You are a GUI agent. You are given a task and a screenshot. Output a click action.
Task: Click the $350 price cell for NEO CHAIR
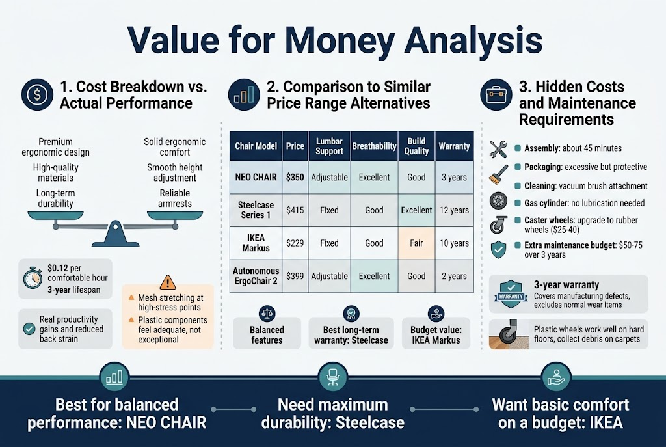(x=295, y=177)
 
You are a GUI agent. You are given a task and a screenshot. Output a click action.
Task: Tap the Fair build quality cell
(x=416, y=243)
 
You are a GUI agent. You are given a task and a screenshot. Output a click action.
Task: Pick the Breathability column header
(x=374, y=146)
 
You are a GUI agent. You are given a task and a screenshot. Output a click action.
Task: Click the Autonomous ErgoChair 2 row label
(x=256, y=276)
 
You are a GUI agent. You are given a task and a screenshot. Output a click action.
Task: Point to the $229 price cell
(x=295, y=243)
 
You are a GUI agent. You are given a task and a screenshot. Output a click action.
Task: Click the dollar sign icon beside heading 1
(x=37, y=94)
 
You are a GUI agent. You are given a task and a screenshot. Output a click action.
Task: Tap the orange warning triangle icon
(x=167, y=282)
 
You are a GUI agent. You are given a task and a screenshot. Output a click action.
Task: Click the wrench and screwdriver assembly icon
(x=498, y=148)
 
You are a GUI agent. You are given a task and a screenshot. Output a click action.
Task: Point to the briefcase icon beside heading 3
(x=496, y=95)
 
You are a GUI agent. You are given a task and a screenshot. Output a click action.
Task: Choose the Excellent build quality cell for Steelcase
(x=416, y=210)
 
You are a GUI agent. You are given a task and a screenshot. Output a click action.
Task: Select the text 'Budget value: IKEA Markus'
(x=436, y=334)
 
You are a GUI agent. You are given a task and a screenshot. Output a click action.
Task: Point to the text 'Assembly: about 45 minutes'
(x=566, y=148)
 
